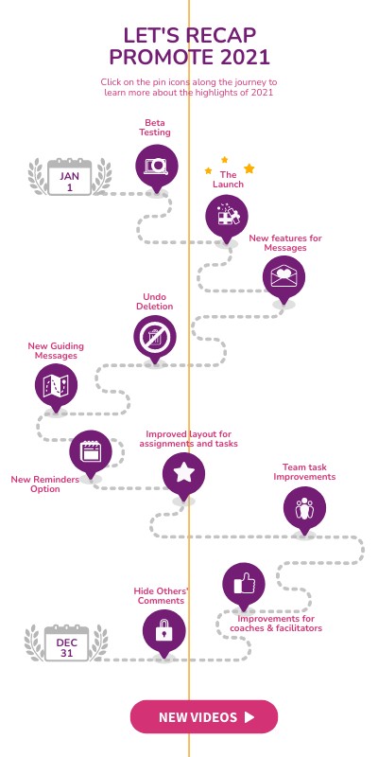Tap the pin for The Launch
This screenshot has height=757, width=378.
(x=227, y=217)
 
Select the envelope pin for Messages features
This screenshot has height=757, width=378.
(x=283, y=277)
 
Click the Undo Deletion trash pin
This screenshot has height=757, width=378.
(x=155, y=337)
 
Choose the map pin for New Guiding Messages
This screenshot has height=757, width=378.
(x=56, y=386)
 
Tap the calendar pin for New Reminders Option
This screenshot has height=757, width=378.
(x=91, y=452)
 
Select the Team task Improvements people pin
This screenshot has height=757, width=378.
(x=304, y=509)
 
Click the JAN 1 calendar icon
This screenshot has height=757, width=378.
(x=69, y=177)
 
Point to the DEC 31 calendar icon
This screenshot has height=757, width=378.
(x=66, y=643)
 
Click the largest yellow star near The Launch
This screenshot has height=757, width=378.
(x=249, y=168)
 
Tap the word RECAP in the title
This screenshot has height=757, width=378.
(x=222, y=36)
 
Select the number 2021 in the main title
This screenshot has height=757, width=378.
(x=245, y=58)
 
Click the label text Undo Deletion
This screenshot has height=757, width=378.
(x=154, y=302)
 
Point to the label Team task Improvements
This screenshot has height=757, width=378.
(x=304, y=472)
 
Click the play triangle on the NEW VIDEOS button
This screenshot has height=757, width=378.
(x=249, y=717)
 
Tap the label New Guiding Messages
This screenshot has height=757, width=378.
(x=56, y=351)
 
